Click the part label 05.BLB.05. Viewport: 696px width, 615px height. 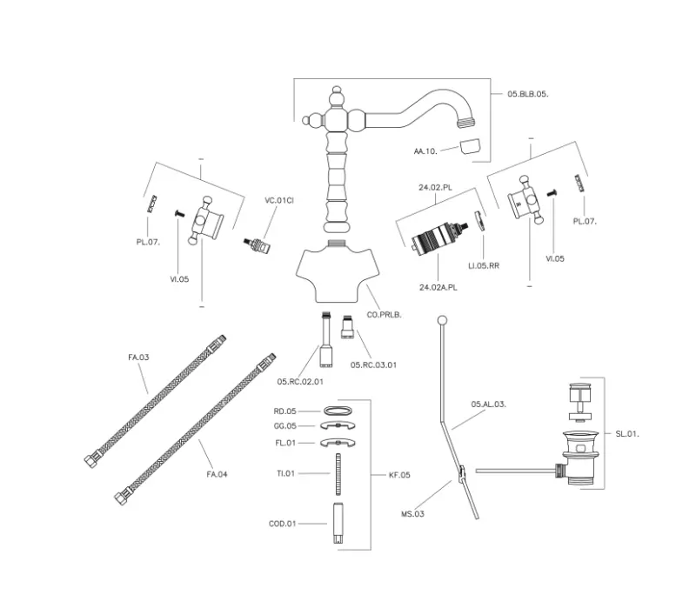tap(527, 94)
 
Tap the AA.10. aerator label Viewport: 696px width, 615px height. tap(425, 151)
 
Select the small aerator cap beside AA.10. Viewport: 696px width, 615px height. tap(470, 146)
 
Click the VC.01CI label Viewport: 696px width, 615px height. tap(278, 201)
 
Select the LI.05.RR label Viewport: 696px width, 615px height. tap(482, 264)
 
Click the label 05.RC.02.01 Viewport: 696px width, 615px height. tap(300, 381)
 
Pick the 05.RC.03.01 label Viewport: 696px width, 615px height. tap(373, 364)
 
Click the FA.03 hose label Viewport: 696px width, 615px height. tap(139, 357)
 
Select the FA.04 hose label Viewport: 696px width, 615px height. tap(217, 474)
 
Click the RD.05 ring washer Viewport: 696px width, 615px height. tap(338, 410)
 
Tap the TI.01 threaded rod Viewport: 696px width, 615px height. tap(338, 475)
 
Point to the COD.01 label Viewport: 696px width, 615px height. tap(283, 524)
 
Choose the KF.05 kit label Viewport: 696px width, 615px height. tap(399, 475)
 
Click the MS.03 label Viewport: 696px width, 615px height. tap(412, 515)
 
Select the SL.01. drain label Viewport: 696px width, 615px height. tap(627, 433)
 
